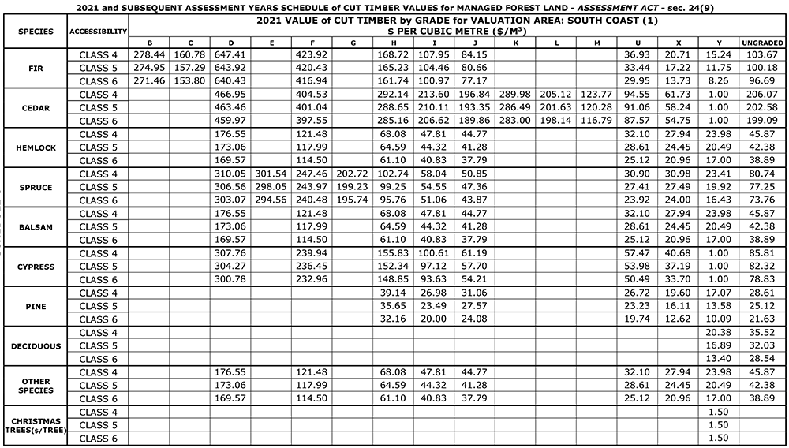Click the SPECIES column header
point(34,32)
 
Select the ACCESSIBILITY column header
point(98,32)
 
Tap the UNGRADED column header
point(762,43)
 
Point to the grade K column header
point(515,43)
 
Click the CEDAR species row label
point(34,107)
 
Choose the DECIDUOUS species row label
point(34,345)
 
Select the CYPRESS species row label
point(34,267)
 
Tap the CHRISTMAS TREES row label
point(34,425)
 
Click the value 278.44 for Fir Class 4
point(150,54)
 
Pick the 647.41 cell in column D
point(230,54)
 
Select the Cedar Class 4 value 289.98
point(515,95)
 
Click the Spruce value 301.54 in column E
point(271,174)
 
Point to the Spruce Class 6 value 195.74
point(352,200)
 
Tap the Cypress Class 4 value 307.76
point(230,253)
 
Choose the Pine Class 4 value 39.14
point(392,293)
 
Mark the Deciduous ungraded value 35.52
point(762,332)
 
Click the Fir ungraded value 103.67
point(762,54)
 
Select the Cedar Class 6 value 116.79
point(596,121)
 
